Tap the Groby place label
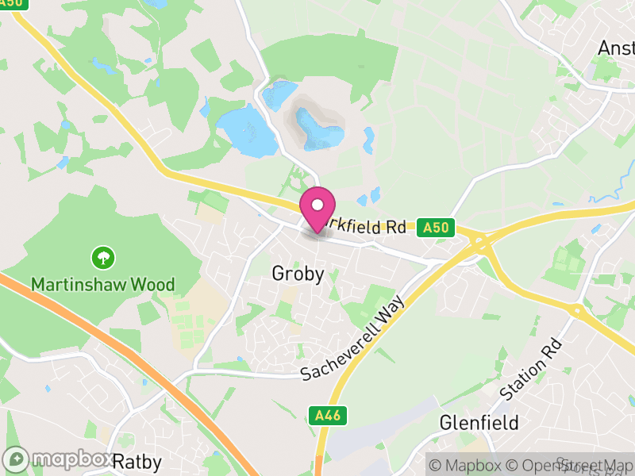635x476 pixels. [298, 274]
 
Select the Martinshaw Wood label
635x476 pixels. [103, 283]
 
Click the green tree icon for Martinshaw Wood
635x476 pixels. [103, 257]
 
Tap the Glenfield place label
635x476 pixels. [479, 422]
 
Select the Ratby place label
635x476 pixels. [137, 462]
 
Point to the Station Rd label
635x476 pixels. [532, 369]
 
